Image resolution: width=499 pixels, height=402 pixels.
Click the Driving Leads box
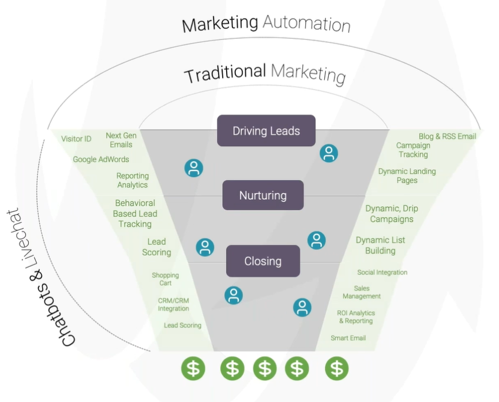click(266, 131)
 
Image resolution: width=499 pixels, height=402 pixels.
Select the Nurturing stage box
click(262, 195)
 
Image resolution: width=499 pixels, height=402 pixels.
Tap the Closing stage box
click(262, 261)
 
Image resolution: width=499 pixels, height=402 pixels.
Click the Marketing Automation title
click(266, 24)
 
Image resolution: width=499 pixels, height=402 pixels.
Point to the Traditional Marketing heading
click(265, 73)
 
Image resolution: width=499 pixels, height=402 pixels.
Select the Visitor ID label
click(76, 139)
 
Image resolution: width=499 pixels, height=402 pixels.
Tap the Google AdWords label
click(101, 159)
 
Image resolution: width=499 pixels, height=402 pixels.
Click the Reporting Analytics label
click(133, 180)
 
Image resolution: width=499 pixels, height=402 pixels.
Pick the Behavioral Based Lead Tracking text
click(135, 213)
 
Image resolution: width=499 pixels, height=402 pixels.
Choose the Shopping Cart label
click(166, 279)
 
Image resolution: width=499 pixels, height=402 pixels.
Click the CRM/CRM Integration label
click(174, 304)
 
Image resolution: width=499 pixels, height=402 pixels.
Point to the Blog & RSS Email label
click(447, 136)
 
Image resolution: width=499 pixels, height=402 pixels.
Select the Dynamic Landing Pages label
click(407, 176)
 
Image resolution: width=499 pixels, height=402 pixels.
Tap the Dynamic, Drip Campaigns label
click(392, 214)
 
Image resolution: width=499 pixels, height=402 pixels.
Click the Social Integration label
click(382, 272)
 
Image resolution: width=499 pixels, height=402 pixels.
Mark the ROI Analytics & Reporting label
click(355, 317)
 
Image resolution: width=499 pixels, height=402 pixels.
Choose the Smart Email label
click(348, 338)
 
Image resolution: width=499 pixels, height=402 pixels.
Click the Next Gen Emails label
click(121, 140)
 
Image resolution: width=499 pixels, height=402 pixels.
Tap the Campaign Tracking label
click(413, 150)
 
